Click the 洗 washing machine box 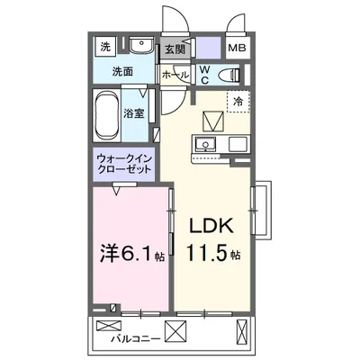pos(104,47)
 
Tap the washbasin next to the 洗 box pos(139,47)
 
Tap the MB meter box pos(237,47)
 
